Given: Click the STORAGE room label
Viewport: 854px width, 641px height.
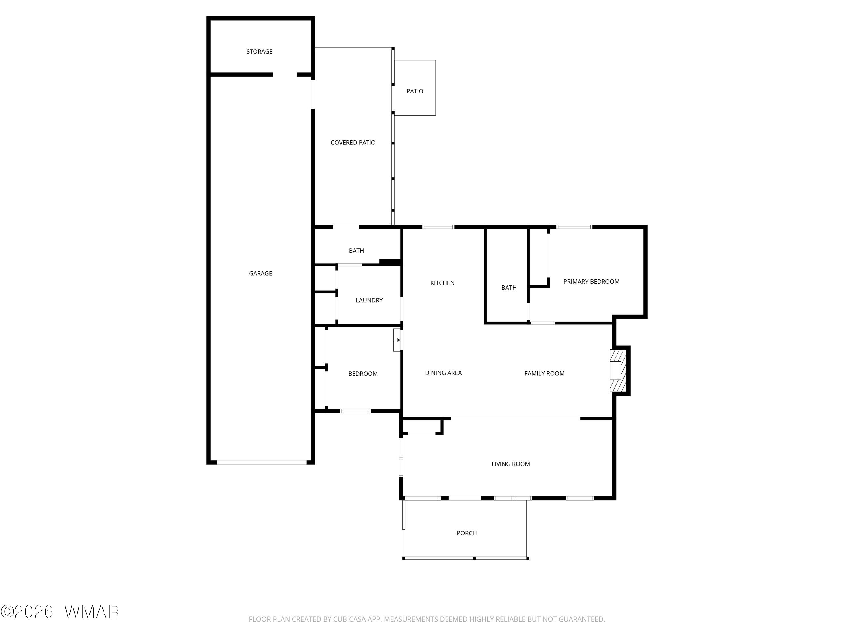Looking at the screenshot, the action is click(259, 51).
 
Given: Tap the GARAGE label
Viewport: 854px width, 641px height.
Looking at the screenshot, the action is click(260, 273).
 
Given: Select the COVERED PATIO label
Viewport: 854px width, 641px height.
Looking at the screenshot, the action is click(353, 142).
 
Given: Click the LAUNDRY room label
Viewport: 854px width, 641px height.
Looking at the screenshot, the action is click(369, 300).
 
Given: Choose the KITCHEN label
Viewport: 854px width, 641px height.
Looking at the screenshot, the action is click(442, 283).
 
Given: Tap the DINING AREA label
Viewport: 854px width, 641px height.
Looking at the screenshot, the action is click(443, 373).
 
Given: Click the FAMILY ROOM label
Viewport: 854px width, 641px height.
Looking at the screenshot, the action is click(544, 373).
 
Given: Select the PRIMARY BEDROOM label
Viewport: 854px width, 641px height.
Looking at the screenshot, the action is click(592, 282).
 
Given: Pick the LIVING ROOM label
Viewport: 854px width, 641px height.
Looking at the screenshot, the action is click(511, 464).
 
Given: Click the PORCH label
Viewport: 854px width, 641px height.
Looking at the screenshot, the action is click(467, 533).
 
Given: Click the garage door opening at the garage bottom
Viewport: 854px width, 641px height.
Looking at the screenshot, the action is click(262, 462).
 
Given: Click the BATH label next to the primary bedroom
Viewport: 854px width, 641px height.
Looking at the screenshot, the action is click(509, 287).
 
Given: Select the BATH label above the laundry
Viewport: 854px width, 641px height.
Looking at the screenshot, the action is click(356, 251).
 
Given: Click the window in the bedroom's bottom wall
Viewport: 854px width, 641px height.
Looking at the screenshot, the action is click(355, 411).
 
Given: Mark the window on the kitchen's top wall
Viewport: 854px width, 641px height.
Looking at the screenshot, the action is click(438, 227).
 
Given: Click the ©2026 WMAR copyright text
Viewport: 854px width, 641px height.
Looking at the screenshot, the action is click(60, 612).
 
